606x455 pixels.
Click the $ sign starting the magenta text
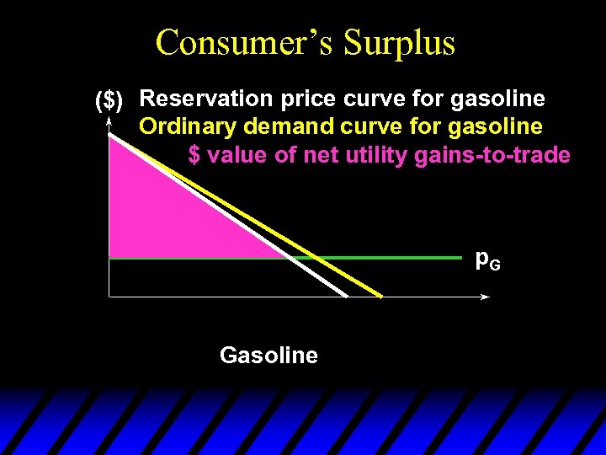pyautogui.click(x=194, y=155)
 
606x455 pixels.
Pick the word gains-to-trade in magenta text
pyautogui.click(x=492, y=155)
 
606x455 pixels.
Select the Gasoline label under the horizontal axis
pyautogui.click(x=268, y=356)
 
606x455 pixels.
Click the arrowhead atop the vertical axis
pyautogui.click(x=109, y=123)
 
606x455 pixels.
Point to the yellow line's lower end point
pyautogui.click(x=380, y=297)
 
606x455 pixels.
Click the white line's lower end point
pyautogui.click(x=346, y=296)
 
